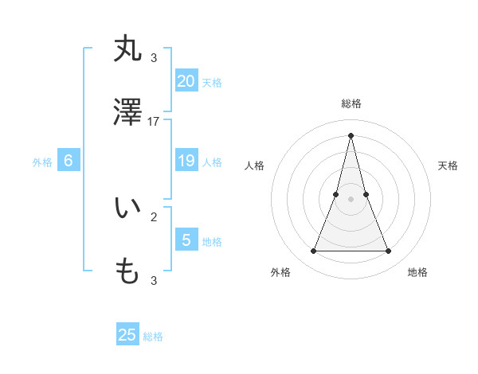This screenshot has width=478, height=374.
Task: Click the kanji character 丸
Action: tap(128, 49)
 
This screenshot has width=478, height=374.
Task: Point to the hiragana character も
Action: tap(128, 271)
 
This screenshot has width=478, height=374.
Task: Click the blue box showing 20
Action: tap(186, 81)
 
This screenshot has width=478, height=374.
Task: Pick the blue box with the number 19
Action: tap(186, 161)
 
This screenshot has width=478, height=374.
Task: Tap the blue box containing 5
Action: tap(186, 240)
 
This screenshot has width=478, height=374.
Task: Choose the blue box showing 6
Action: tap(69, 161)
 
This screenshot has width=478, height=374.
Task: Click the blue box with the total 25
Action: tap(127, 335)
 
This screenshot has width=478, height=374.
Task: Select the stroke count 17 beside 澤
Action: tap(154, 122)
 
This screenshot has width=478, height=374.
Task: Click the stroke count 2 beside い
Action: tap(154, 216)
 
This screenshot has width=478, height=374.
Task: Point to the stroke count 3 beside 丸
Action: tap(154, 57)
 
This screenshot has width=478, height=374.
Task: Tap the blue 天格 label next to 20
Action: tap(212, 83)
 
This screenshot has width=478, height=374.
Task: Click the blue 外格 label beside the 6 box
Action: tap(42, 162)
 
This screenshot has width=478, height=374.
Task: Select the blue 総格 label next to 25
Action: tap(153, 337)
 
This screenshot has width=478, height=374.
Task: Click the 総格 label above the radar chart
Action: tap(351, 103)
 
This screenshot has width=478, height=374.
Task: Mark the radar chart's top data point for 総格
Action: tap(351, 135)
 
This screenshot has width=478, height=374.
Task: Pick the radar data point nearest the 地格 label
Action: tap(388, 251)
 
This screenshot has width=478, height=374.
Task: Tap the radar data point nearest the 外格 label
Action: tap(313, 251)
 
